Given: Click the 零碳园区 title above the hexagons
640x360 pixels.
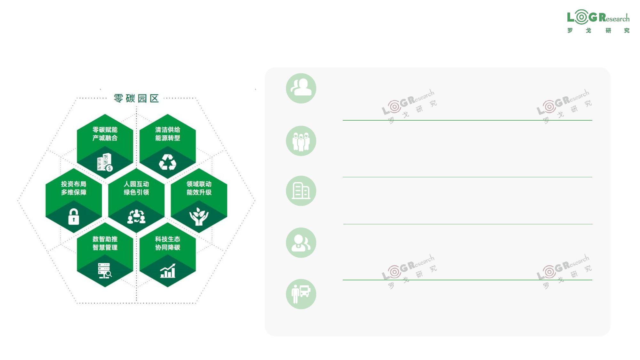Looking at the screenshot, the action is pyautogui.click(x=136, y=98).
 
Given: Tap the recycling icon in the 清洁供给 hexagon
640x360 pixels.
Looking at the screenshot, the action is pyautogui.click(x=168, y=162).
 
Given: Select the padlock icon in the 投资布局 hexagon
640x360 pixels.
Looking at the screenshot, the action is pyautogui.click(x=74, y=217).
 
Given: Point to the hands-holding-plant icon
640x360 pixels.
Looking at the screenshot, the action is pyautogui.click(x=199, y=216).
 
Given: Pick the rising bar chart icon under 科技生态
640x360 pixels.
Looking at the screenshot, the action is pyautogui.click(x=168, y=271).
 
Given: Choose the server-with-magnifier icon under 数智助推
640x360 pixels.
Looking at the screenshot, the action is pyautogui.click(x=105, y=271).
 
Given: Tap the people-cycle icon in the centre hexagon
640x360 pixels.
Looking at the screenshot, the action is pyautogui.click(x=136, y=216).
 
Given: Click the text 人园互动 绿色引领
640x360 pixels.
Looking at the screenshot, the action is pyautogui.click(x=136, y=188).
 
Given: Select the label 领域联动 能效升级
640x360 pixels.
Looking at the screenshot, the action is pyautogui.click(x=199, y=188).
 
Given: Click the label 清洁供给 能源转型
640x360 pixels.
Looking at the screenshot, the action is pyautogui.click(x=168, y=134).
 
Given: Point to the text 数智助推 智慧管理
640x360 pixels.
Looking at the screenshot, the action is pyautogui.click(x=105, y=243).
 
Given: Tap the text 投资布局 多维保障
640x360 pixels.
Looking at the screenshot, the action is pyautogui.click(x=74, y=188).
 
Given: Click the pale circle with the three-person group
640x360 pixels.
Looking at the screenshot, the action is pyautogui.click(x=301, y=141).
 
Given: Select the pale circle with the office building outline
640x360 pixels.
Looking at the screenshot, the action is pyautogui.click(x=301, y=191).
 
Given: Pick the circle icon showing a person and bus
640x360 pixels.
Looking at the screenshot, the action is pyautogui.click(x=301, y=294).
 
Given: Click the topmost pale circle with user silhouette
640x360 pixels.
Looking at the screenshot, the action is pyautogui.click(x=301, y=88).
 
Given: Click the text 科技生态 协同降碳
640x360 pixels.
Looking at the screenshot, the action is pyautogui.click(x=168, y=243).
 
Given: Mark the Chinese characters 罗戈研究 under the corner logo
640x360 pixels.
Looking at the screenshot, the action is pyautogui.click(x=598, y=30).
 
